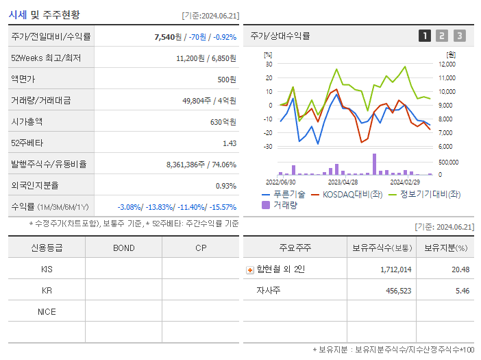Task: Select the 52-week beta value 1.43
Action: click(229, 143)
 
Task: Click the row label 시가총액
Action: click(27, 122)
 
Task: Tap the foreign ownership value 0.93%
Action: click(225, 186)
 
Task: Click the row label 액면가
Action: click(22, 80)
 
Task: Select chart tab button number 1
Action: click(425, 36)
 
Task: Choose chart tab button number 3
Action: click(459, 36)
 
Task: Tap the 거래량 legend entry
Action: click(280, 205)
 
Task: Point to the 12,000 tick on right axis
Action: click(446, 64)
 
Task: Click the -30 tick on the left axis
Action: click(268, 147)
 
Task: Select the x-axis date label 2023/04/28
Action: click(343, 182)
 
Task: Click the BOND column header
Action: click(123, 248)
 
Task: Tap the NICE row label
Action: click(47, 312)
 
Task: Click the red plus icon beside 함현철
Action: click(249, 270)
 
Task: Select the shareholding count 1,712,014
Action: click(395, 269)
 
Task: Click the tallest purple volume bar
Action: click(375, 164)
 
